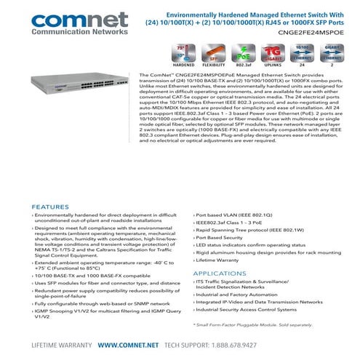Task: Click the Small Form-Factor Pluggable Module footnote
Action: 259,324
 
